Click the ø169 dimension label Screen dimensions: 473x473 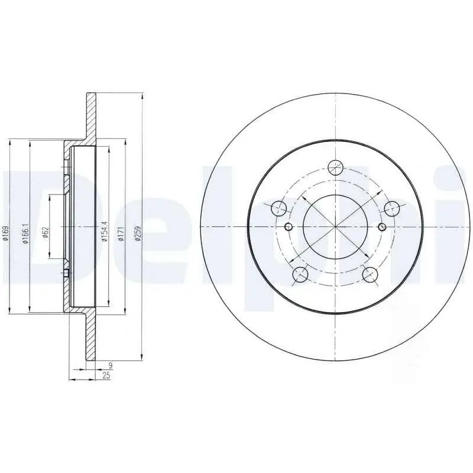click(6, 234)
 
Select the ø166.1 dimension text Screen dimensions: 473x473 click(25, 234)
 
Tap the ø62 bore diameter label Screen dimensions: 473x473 click(46, 232)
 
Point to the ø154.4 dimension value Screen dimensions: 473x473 click(105, 231)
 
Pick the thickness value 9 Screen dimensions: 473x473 click(111, 365)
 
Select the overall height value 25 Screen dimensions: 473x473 click(106, 375)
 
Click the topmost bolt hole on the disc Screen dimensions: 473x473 click(336, 167)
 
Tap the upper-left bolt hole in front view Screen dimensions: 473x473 click(278, 208)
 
